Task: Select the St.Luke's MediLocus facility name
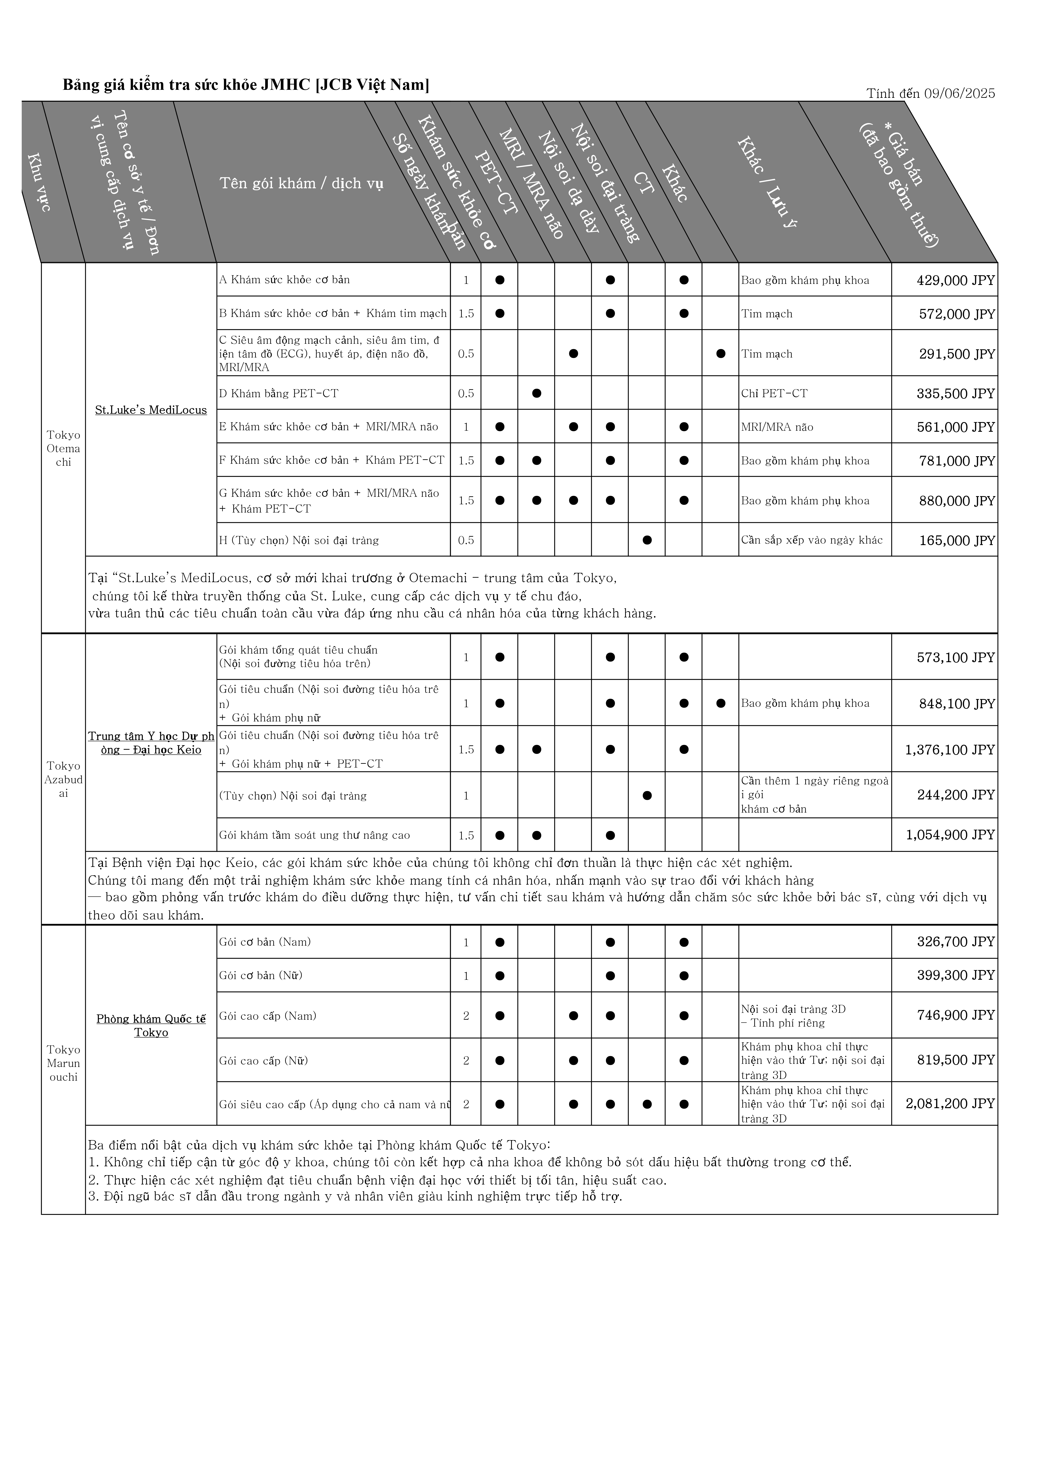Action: pos(151,410)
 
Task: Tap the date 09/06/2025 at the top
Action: pos(959,93)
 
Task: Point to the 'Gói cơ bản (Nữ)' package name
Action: pos(261,975)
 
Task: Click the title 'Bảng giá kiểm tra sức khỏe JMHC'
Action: pos(245,85)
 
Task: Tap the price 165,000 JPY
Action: pos(957,540)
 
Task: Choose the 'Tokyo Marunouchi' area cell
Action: pos(63,1063)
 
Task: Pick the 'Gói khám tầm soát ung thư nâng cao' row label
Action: pos(314,835)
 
